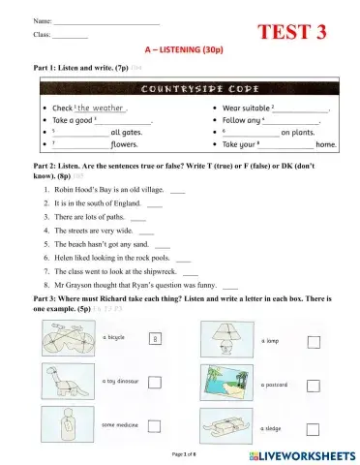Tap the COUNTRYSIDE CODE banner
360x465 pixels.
click(180, 87)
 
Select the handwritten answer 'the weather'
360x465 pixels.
click(101, 108)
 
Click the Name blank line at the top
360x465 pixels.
click(106, 20)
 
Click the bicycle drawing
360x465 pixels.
click(67, 342)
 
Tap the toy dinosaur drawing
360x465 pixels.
click(67, 385)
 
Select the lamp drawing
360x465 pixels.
click(229, 342)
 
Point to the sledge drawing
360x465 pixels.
click(229, 425)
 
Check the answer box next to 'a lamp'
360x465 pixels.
click(313, 342)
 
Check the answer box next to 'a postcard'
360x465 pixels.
click(313, 385)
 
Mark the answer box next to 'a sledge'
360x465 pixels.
click(313, 427)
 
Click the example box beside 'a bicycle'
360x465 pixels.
click(155, 339)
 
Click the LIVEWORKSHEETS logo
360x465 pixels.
click(297, 453)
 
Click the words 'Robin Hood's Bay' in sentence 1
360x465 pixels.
click(82, 191)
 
